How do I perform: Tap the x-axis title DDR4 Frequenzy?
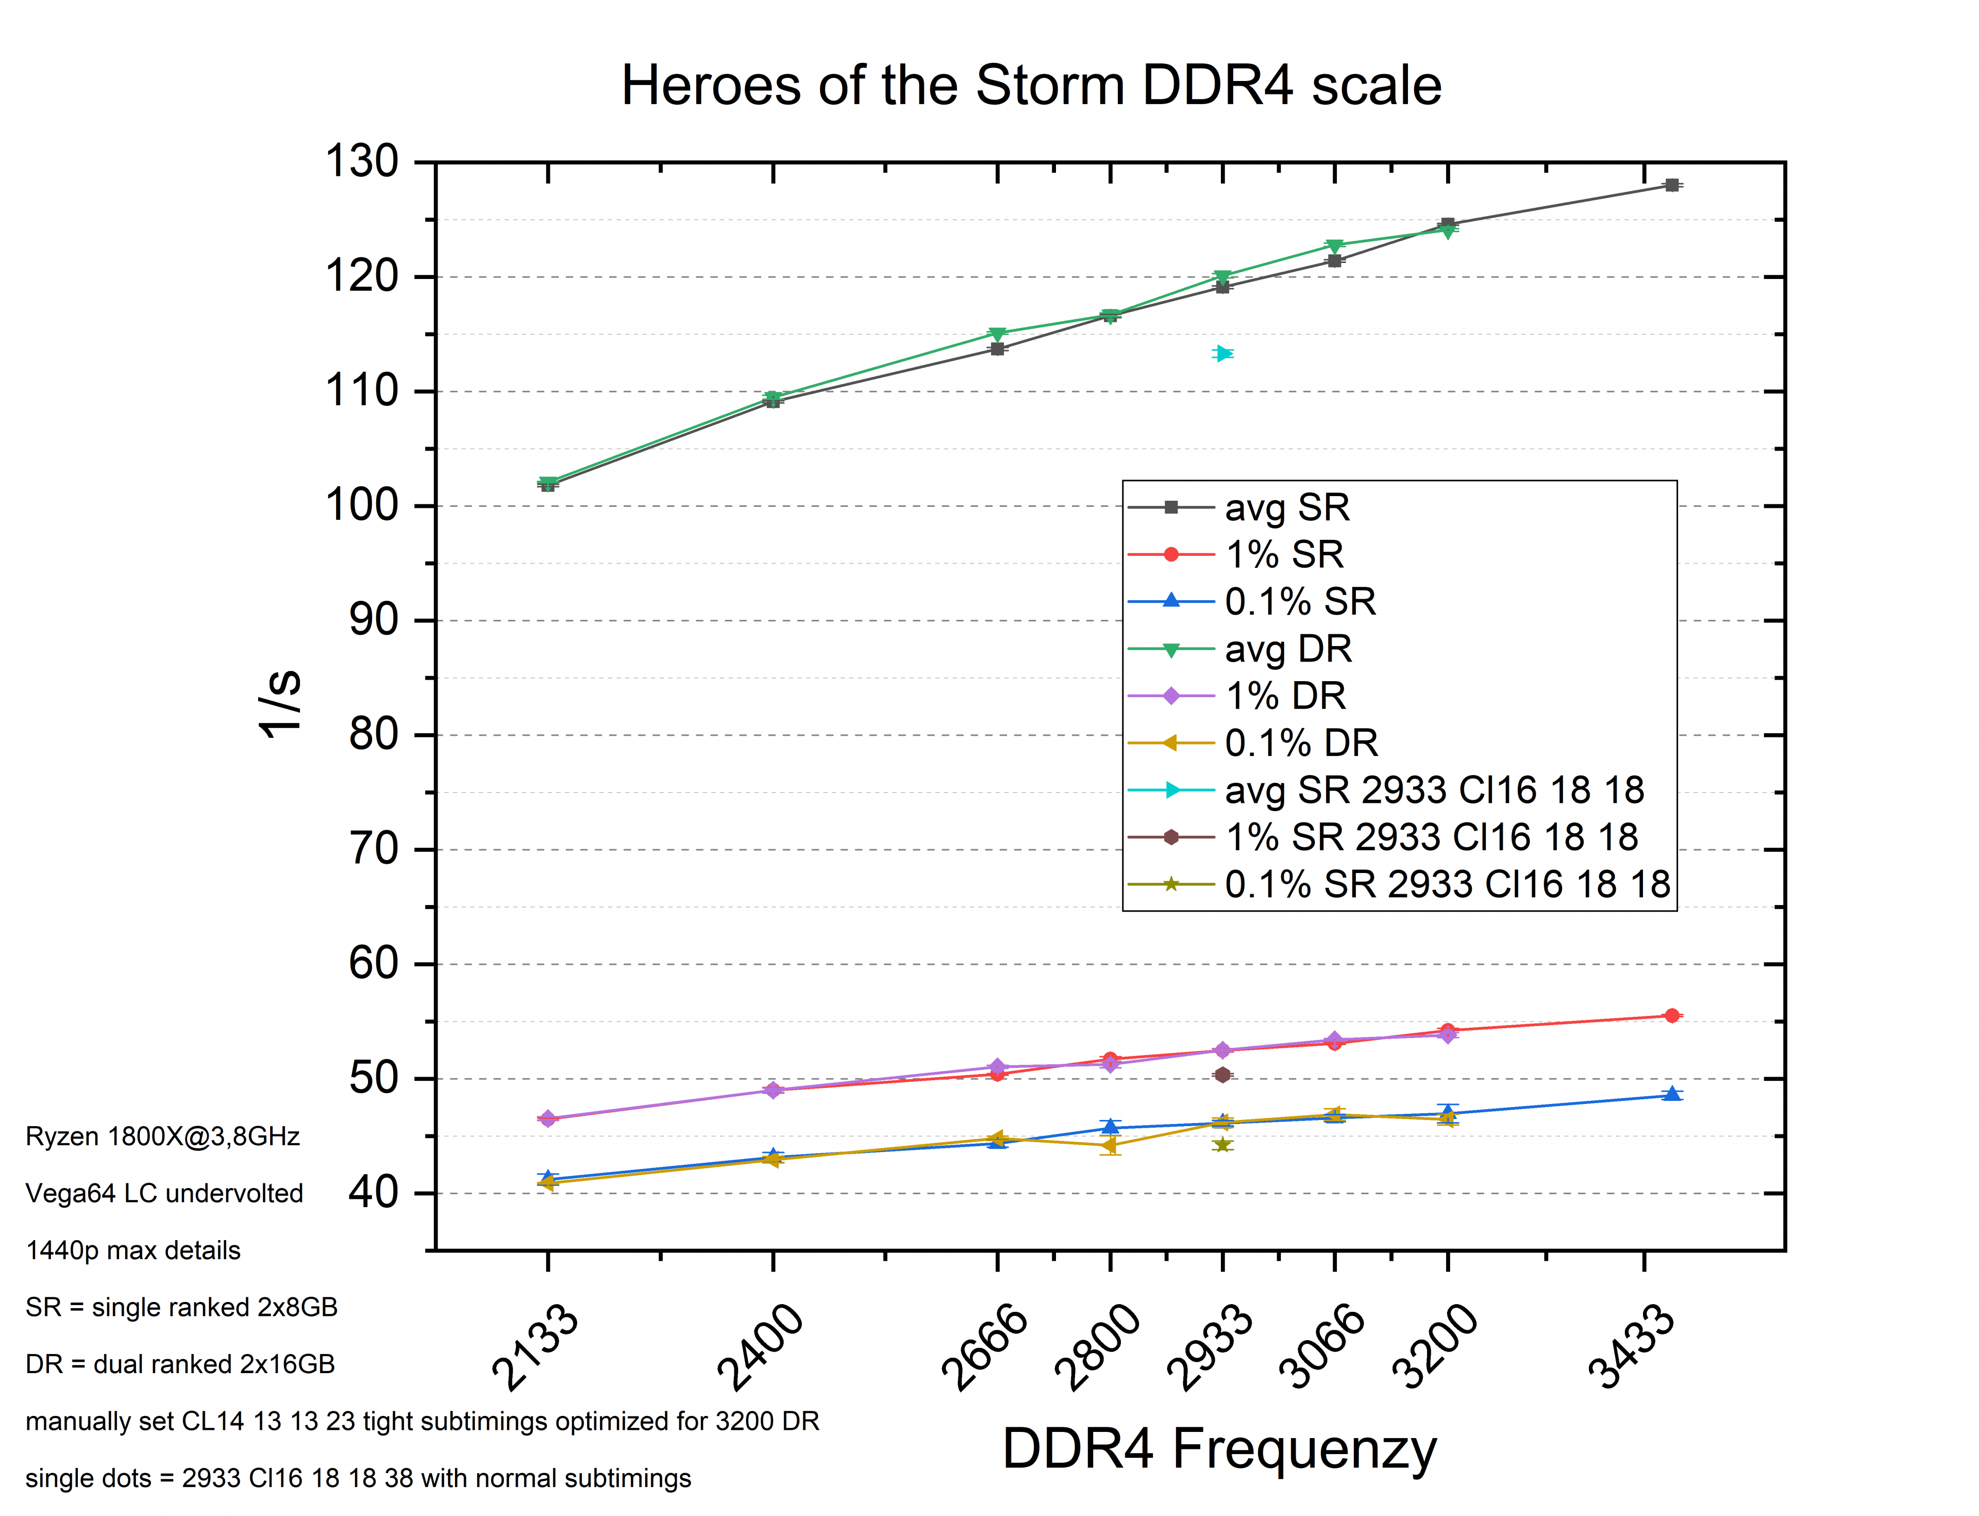1219,1449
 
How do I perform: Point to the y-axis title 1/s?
280,704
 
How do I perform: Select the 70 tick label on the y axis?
374,849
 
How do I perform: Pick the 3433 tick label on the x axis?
1631,1346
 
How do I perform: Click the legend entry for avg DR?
1288,649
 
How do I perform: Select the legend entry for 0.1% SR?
1299,602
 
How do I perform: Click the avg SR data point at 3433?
1671,185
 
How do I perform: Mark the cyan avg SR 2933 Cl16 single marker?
1222,354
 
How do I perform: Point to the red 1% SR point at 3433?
1671,1016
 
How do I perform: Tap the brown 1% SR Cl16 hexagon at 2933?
1222,1075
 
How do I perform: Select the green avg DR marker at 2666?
997,334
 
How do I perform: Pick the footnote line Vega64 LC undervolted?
164,1194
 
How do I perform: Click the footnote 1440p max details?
133,1251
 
